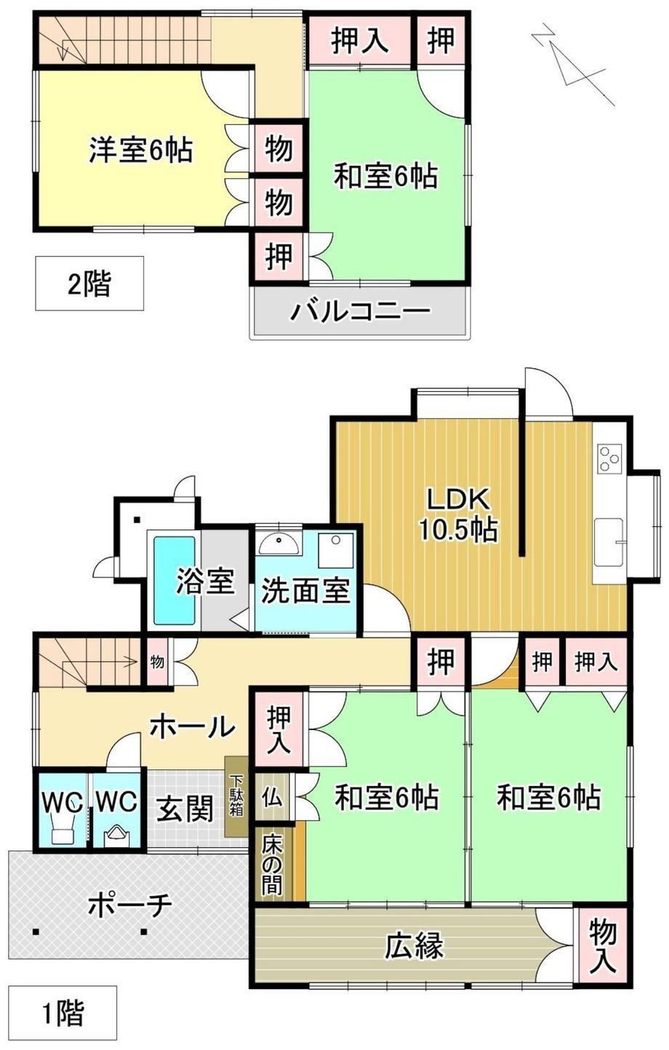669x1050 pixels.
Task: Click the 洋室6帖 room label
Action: pos(140,150)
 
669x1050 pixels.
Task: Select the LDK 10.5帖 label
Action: pos(458,515)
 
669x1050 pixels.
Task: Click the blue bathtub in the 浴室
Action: pos(175,581)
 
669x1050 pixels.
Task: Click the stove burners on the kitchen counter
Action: pos(609,459)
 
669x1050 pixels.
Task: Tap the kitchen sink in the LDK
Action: pos(609,542)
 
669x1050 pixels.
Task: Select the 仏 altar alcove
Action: pos(273,797)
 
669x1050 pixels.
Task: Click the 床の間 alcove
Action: pos(273,857)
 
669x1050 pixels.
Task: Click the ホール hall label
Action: pos(192,727)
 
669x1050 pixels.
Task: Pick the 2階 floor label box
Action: pos(89,283)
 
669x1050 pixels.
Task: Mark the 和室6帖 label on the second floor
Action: pos(385,176)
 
